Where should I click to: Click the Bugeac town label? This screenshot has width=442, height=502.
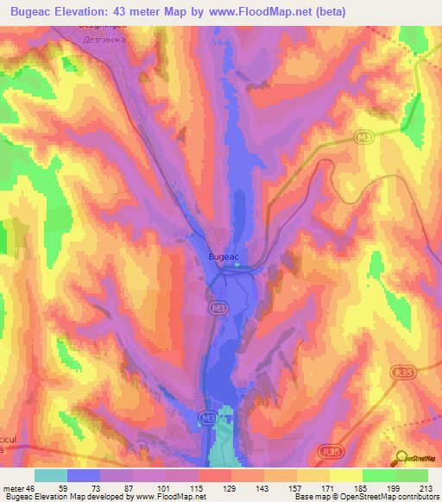click(224, 255)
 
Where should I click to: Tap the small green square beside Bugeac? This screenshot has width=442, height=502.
click(236, 266)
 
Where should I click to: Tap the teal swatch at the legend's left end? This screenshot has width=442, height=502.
click(51, 475)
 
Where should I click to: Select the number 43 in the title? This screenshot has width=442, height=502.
click(146, 9)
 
